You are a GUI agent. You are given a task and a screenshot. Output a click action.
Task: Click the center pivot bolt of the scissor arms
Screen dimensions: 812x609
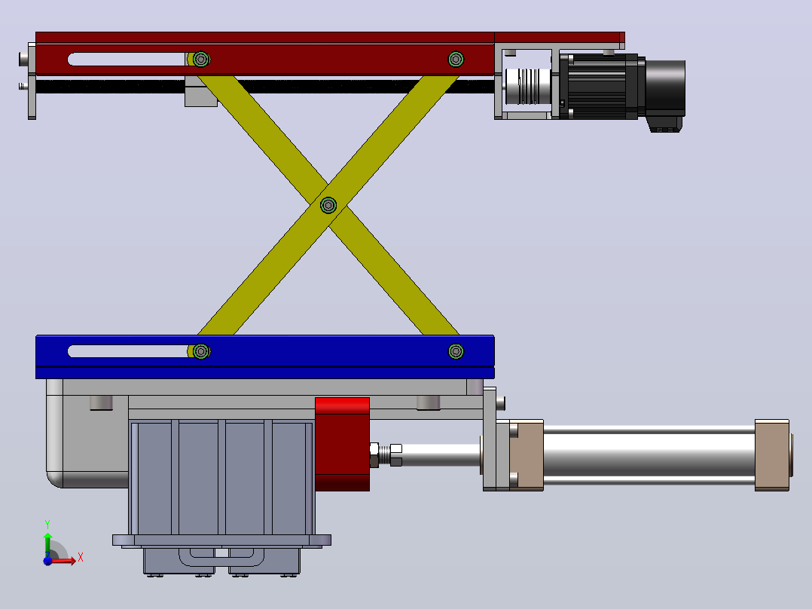(328, 205)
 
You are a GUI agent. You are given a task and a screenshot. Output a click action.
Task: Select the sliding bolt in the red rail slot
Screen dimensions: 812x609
(201, 59)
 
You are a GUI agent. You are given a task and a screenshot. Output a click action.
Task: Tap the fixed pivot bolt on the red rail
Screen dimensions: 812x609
(456, 59)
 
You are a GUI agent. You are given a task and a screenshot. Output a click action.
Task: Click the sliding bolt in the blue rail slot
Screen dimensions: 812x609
(201, 351)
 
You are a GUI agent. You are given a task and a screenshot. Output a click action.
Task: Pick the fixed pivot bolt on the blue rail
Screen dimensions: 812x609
(456, 351)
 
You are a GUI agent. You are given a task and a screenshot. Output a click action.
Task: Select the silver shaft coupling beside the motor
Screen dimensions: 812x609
(527, 87)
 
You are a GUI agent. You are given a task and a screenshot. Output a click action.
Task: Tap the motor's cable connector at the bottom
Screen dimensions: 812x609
(665, 124)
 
